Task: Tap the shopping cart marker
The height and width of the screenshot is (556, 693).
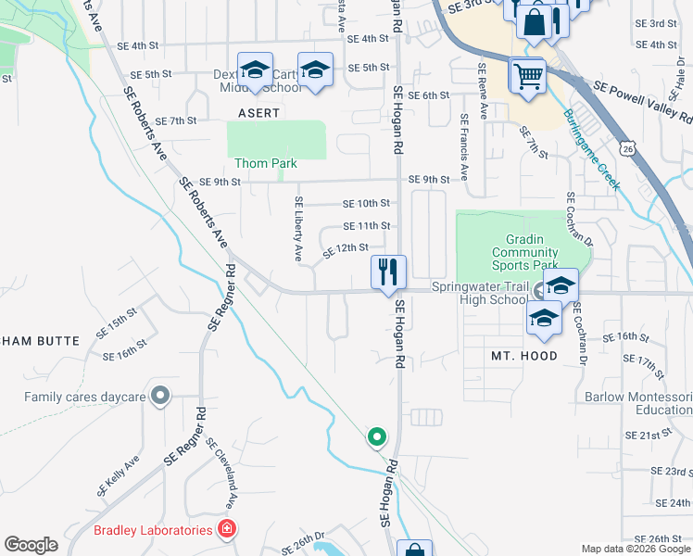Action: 528,76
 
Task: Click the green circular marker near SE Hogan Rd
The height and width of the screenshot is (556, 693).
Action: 376,436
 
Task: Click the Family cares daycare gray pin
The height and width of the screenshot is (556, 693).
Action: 160,397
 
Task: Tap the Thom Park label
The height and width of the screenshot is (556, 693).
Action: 266,163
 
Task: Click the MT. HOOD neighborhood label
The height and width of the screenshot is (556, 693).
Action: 524,356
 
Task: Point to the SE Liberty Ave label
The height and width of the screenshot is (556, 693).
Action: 298,227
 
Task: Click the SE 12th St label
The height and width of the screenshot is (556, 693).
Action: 346,250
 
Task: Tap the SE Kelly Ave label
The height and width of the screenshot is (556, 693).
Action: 118,474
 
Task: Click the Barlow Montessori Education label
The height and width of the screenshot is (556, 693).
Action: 638,403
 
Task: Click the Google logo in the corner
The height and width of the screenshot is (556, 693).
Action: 31,545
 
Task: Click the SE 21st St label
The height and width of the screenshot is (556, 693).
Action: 648,435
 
